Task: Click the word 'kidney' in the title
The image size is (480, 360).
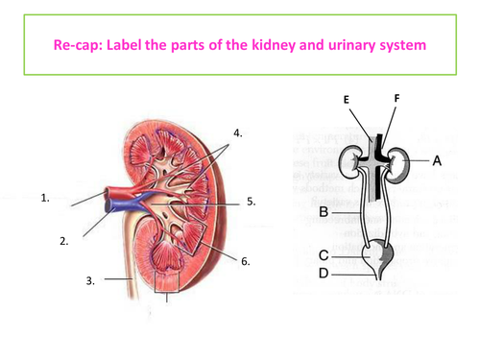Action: pos(274,45)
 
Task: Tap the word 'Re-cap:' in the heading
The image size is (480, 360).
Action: pos(78,45)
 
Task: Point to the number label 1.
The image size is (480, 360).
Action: pos(45,198)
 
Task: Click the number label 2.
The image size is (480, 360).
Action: pos(64,241)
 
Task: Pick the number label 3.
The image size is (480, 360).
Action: pos(90,280)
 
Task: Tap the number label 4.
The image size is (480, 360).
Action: pos(237,132)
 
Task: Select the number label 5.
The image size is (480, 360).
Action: pos(251,202)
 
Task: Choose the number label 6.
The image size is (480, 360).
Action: pos(245,261)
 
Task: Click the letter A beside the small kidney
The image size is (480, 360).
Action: pos(437,160)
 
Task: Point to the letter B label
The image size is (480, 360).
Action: pos(324,212)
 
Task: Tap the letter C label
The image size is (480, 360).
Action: pos(324,255)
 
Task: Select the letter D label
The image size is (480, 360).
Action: pos(324,274)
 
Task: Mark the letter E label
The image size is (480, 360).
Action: pos(347,100)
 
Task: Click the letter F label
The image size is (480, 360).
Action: pos(397,98)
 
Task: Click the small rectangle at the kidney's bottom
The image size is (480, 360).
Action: pos(167,282)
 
